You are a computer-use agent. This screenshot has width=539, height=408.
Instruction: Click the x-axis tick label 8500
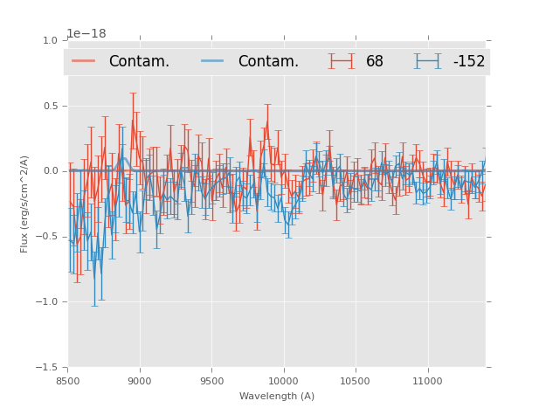(x=68, y=381)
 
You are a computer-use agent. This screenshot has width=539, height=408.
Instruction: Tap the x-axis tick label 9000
(x=140, y=381)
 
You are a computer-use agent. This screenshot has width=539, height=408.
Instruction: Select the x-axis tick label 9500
(x=211, y=381)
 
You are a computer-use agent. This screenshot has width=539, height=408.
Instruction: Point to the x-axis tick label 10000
(x=283, y=381)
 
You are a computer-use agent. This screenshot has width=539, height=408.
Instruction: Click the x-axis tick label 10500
(x=355, y=381)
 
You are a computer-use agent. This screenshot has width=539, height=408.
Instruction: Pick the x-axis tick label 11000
(x=426, y=381)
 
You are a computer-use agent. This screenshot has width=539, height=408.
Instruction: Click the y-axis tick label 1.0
(x=50, y=40)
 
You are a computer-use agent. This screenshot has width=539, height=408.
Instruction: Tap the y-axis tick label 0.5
(x=50, y=106)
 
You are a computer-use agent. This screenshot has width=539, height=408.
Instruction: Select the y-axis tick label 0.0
(x=50, y=171)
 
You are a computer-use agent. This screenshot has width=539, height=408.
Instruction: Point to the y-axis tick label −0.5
(x=47, y=237)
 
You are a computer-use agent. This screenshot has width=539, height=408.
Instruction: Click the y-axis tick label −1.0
(x=47, y=302)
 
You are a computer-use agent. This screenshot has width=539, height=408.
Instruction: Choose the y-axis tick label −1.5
(x=47, y=368)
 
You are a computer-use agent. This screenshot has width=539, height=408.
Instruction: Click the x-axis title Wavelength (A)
(x=277, y=396)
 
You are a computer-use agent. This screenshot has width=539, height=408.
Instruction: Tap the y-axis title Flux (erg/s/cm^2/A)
(x=25, y=204)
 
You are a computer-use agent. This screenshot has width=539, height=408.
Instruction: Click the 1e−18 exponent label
(x=86, y=33)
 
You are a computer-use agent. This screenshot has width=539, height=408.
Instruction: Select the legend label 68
(x=375, y=61)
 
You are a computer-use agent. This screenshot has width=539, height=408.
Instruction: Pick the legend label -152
(x=468, y=61)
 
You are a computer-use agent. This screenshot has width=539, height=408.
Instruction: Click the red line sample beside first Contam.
(x=86, y=61)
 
